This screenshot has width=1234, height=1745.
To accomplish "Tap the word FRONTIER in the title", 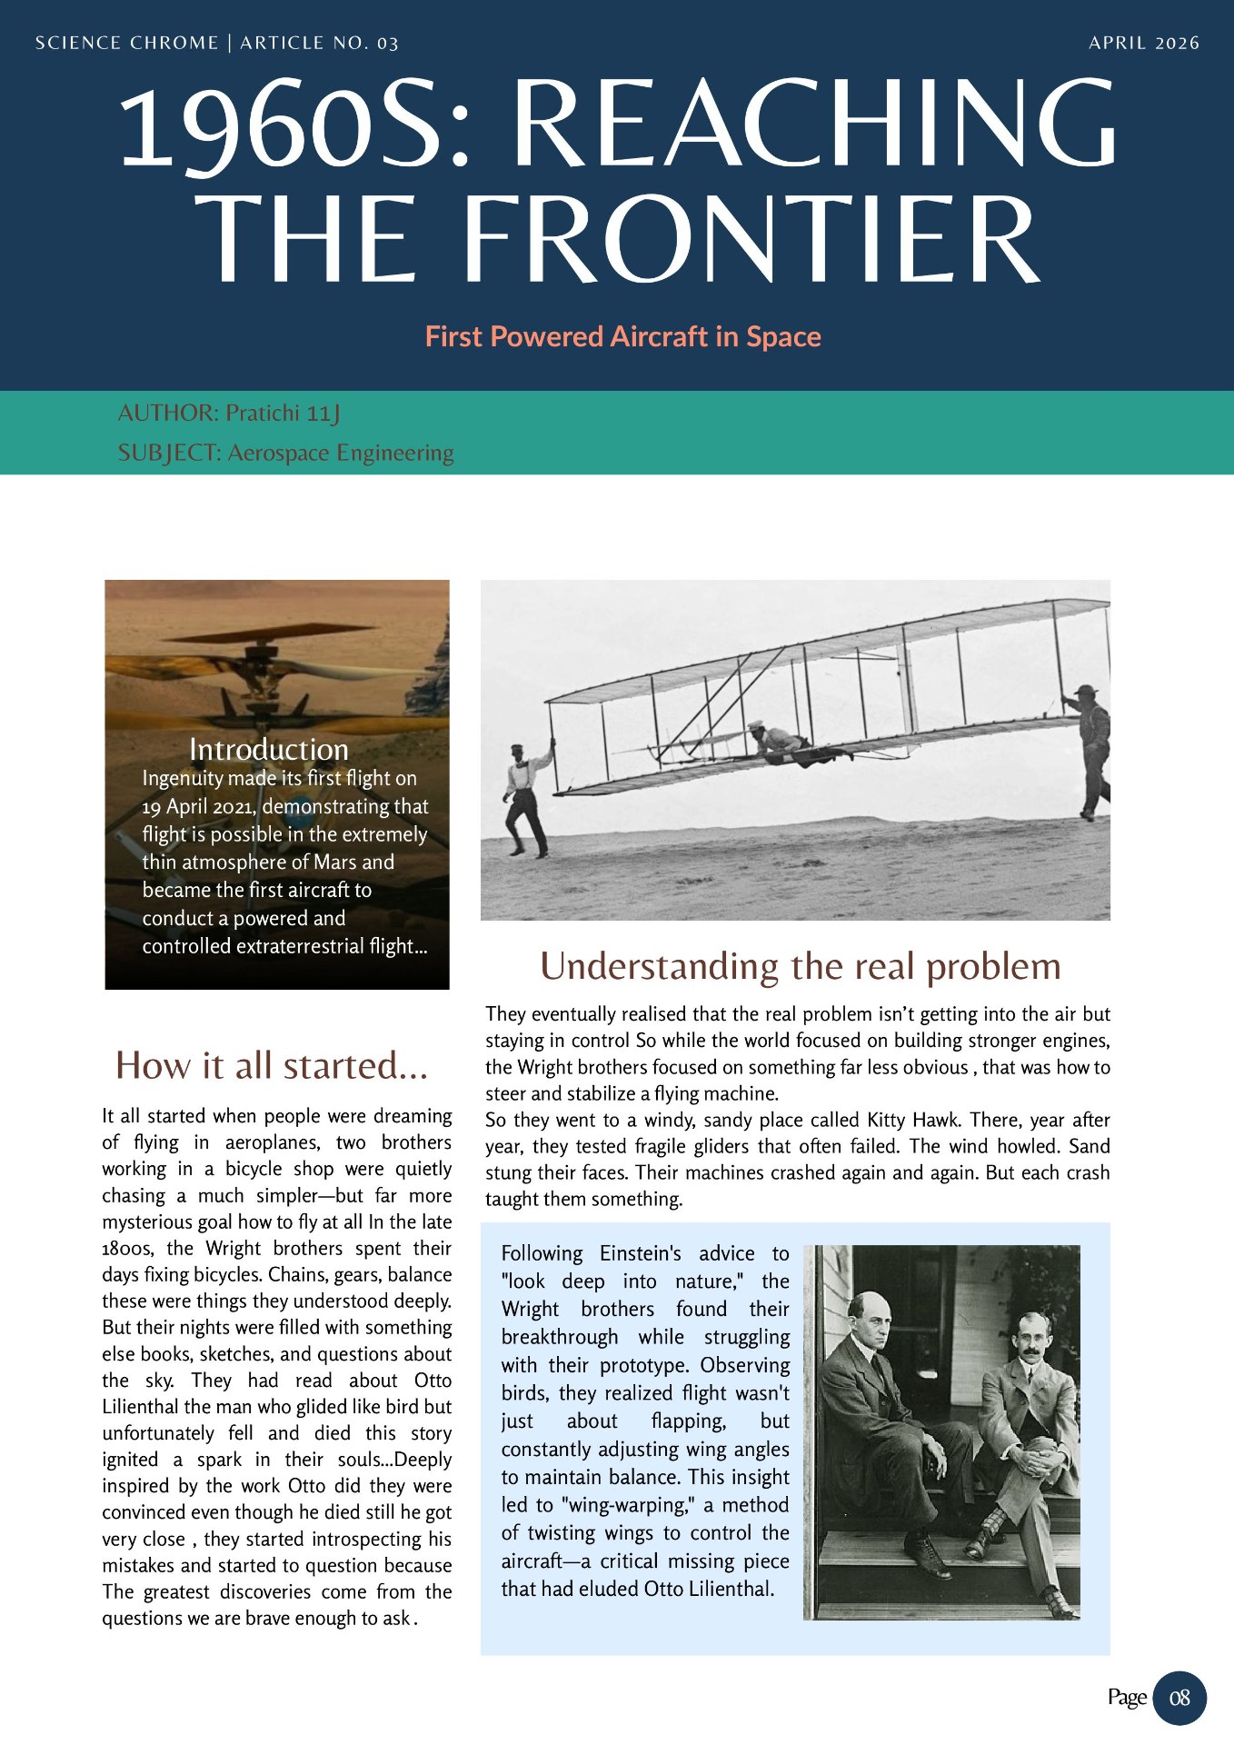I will (x=751, y=239).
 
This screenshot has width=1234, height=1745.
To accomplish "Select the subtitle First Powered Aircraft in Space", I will (x=622, y=337).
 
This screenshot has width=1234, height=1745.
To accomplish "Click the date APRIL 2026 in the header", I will (x=1143, y=43).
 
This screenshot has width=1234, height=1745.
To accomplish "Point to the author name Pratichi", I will (x=263, y=414).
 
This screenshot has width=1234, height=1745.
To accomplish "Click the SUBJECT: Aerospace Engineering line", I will (x=285, y=453).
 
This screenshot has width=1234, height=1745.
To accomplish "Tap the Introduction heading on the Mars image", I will (x=269, y=750).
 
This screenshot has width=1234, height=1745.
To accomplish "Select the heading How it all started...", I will (x=272, y=1065).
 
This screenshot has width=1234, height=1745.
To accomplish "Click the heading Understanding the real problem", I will (x=800, y=966).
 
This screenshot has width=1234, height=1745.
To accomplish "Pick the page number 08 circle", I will (x=1179, y=1698).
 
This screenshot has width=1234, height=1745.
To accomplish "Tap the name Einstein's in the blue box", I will (x=640, y=1253).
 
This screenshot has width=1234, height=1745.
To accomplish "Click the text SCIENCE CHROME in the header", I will (x=126, y=43).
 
